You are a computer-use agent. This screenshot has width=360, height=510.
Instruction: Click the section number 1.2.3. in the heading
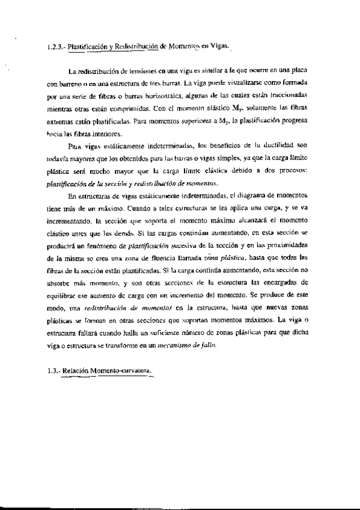pos(55,46)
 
